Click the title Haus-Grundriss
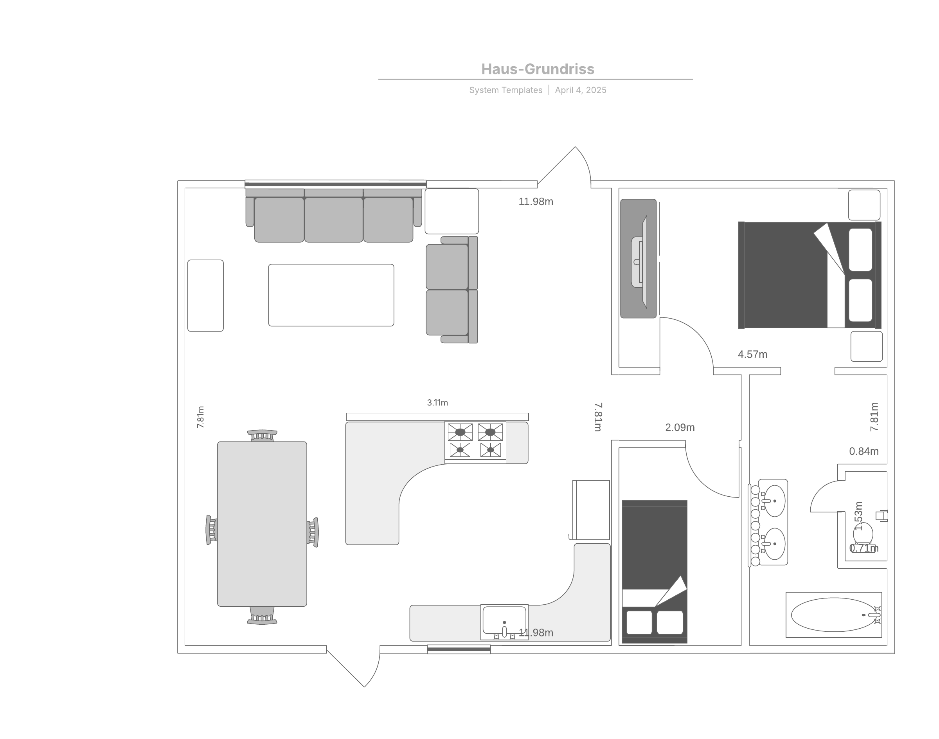538,69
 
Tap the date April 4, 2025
581,90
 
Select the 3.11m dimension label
437,402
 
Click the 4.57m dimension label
753,354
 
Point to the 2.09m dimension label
680,427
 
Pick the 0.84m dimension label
864,451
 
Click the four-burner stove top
475,441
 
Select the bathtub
833,615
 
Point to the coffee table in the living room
331,295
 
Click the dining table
262,524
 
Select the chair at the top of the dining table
262,435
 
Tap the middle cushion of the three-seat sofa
333,219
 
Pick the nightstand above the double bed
864,205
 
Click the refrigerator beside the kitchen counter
590,510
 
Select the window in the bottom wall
459,649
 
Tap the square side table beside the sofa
452,211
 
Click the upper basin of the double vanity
774,501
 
